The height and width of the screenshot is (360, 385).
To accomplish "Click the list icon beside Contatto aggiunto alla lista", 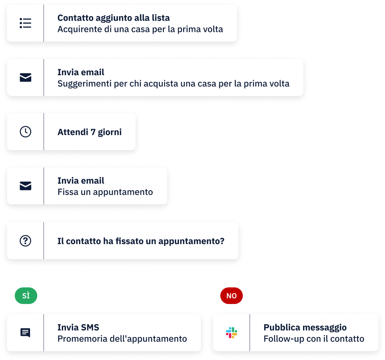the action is coord(25,23).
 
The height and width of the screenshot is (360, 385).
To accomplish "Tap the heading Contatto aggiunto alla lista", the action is coord(114,18).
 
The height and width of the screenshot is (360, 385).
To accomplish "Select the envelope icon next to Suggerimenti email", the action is coord(25,77).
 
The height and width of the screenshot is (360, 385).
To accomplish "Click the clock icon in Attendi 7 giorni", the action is coord(25,132).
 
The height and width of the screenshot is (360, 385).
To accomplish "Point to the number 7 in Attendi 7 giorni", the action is coord(93,132).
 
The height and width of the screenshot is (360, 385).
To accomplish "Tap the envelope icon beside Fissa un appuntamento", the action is coord(25,186).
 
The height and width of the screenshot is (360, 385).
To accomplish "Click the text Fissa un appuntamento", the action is coord(105,192).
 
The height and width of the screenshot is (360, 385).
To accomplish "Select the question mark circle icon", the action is coord(25,241).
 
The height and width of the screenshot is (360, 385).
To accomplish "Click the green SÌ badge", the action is coord(26,296).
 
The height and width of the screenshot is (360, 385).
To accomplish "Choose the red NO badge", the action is coord(232,296).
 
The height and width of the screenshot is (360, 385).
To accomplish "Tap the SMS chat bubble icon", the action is coord(25,333).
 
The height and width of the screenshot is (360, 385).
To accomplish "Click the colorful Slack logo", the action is coord(232,333).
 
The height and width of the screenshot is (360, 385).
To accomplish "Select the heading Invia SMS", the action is coord(78,328).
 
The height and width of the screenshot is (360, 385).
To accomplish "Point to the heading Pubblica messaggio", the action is coord(305,328).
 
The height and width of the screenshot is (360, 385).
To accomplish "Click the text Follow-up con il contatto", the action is coord(314,339).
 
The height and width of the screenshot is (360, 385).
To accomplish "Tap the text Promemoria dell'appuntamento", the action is coord(122,339).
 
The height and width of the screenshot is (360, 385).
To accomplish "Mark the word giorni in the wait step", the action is coord(109,132).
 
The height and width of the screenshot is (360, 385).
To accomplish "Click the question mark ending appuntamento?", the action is coord(222,241).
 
